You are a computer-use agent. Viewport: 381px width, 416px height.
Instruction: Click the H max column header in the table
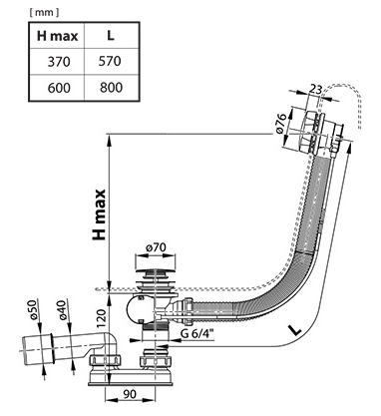coord(57,36)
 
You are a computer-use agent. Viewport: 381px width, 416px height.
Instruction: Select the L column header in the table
coord(111,36)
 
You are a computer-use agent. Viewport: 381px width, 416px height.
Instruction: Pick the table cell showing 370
coord(59,62)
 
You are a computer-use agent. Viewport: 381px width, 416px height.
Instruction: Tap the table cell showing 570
coord(110,61)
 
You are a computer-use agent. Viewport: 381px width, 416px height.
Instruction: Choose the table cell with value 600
coord(59,88)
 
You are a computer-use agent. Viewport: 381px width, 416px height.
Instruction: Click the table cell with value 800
coord(111,87)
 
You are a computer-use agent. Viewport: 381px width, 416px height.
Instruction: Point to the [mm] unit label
coord(44,13)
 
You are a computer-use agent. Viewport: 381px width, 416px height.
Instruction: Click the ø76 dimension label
coord(281,124)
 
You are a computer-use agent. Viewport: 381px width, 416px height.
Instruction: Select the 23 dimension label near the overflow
coord(316,89)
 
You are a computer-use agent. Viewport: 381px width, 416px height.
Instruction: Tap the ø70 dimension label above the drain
coord(156,247)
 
